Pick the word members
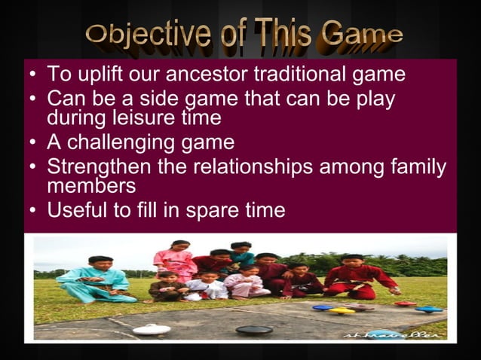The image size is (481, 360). [x=91, y=186]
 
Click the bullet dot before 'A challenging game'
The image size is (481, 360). [x=32, y=143]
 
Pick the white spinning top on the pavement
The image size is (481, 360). [x=150, y=328]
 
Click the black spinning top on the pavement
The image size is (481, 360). [x=253, y=329]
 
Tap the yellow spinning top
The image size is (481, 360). [x=341, y=310]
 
